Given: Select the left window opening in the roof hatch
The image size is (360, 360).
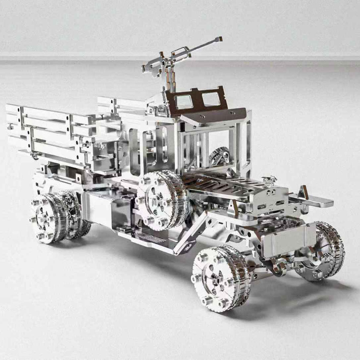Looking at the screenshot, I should [183, 101].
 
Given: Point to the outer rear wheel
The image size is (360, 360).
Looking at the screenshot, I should [48, 217].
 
